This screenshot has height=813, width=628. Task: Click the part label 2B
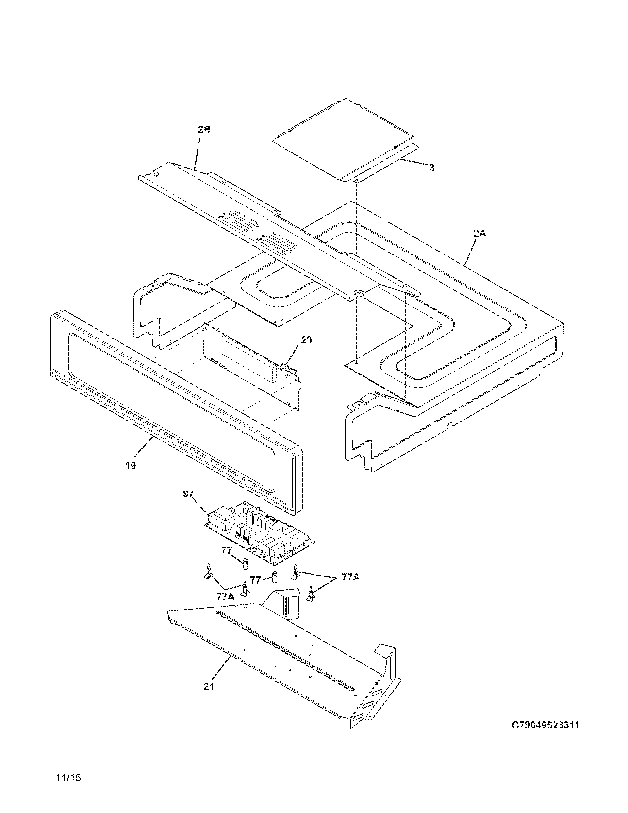click(204, 130)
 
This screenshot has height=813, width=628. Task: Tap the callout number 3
click(431, 168)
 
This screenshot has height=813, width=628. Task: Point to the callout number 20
click(306, 340)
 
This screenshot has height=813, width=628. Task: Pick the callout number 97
click(188, 494)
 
